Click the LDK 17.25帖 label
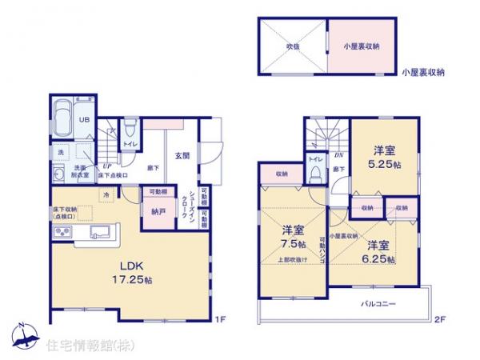[x=130, y=273]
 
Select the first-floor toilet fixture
[x=130, y=129]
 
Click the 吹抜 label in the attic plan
[x=294, y=46]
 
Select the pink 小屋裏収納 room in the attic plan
[x=362, y=46]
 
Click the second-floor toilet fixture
[x=315, y=174]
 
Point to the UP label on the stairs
[x=106, y=166]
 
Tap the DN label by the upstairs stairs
[x=339, y=156]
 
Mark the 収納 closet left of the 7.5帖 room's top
[x=282, y=174]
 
